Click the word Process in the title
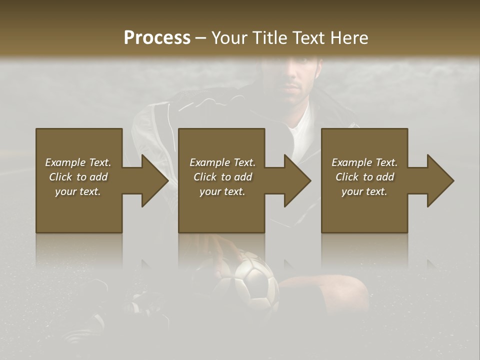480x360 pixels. point(157,38)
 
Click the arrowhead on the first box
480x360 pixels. point(150,180)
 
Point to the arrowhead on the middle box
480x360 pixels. point(293,180)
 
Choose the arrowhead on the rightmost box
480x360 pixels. point(436,180)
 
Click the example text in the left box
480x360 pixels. point(78,177)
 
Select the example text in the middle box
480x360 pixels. point(222,177)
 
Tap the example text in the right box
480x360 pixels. point(364,177)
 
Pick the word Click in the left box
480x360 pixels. point(60,177)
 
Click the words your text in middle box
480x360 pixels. point(222,191)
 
